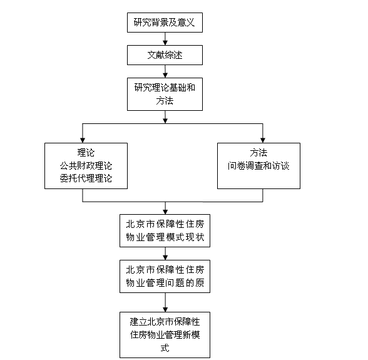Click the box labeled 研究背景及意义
pyautogui.click(x=165, y=23)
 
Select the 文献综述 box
pyautogui.click(x=165, y=55)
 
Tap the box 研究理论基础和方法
pyautogui.click(x=165, y=94)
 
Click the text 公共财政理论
pyautogui.click(x=86, y=166)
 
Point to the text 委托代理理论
pyautogui.click(x=86, y=178)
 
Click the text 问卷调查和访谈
pyautogui.click(x=258, y=166)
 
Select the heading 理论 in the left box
pyautogui.click(x=86, y=153)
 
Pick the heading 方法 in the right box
pyautogui.click(x=258, y=153)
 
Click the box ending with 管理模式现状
pyautogui.click(x=165, y=230)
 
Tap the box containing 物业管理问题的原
pyautogui.click(x=165, y=276)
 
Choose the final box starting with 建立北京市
pyautogui.click(x=165, y=335)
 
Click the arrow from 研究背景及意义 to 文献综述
pyautogui.click(x=165, y=39)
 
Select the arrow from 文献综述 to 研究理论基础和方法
pyautogui.click(x=165, y=71)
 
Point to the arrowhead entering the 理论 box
pyautogui.click(x=83, y=140)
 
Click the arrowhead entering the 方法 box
pyautogui.click(x=263, y=140)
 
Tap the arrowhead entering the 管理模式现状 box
pyautogui.click(x=165, y=212)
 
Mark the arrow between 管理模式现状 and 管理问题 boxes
pyautogui.click(x=165, y=254)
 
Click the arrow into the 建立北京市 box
pyautogui.click(x=165, y=302)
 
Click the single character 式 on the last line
pyautogui.click(x=165, y=347)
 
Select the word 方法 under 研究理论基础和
pyautogui.click(x=165, y=101)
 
